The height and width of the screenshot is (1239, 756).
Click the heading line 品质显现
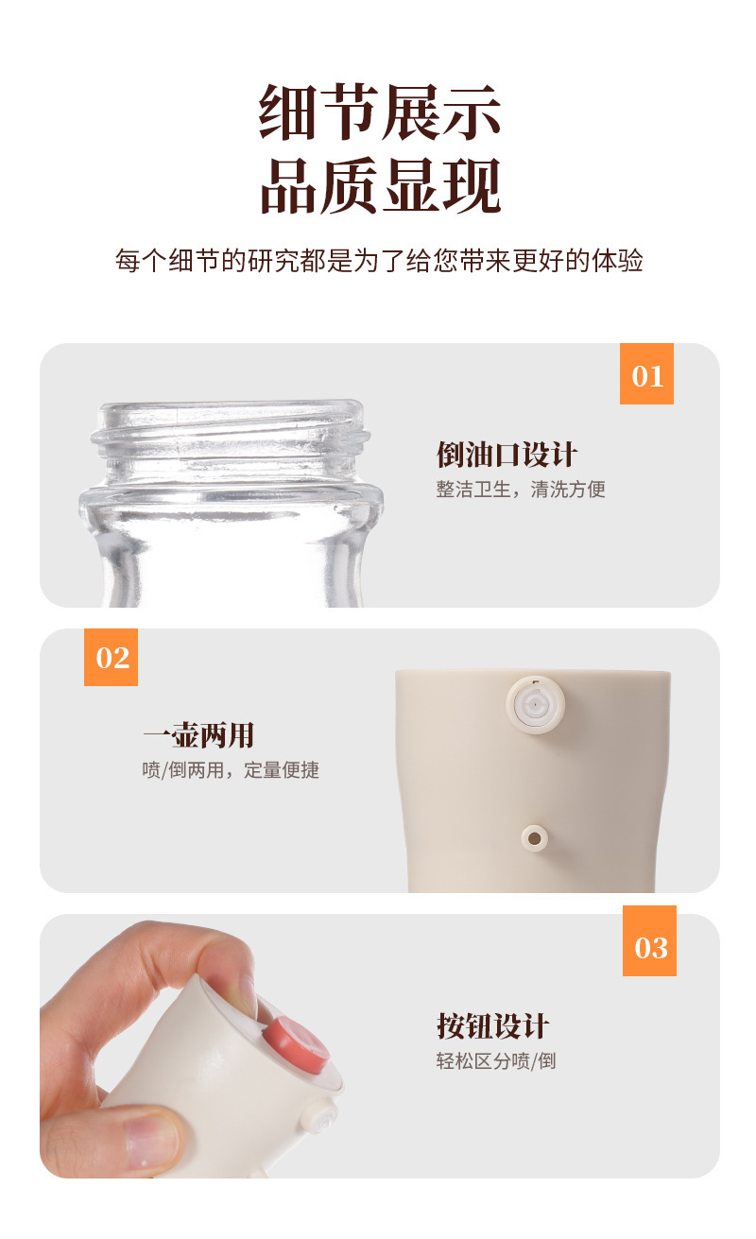379,185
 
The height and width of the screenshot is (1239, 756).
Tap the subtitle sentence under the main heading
379,261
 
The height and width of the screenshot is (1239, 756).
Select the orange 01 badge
646,374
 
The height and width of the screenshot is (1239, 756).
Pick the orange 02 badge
112,657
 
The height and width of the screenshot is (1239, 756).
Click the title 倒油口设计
507,455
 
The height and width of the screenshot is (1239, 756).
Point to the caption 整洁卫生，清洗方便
520,490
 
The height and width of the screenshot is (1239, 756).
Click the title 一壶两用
198,735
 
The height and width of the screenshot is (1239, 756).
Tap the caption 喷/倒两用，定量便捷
231,770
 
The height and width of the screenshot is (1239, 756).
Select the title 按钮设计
492,1025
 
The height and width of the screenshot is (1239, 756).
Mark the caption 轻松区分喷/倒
496,1060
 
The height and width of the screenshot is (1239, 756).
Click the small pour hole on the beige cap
534,837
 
